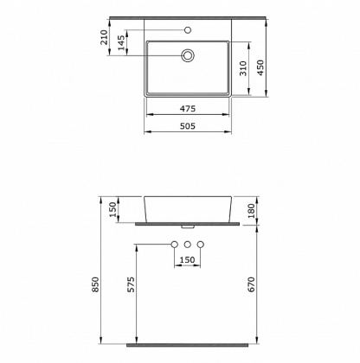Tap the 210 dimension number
point(105,36)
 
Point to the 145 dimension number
point(123,42)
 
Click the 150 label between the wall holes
point(188,258)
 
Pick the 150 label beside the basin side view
point(112,209)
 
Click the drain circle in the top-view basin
point(187,55)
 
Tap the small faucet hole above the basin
point(187,29)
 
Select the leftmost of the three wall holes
point(174,244)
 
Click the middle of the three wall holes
point(187,244)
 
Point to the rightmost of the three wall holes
point(201,244)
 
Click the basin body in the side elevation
point(187,207)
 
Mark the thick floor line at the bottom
point(187,344)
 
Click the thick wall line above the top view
point(187,19)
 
